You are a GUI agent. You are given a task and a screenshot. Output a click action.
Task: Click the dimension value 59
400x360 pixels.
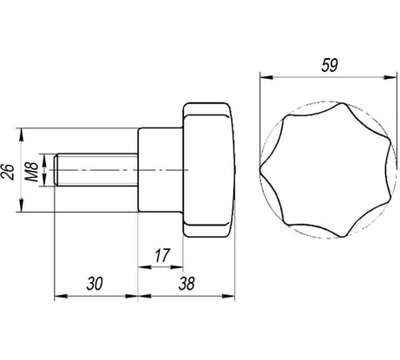tap(330, 65)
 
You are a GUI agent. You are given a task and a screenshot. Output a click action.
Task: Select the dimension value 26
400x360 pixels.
tap(8, 172)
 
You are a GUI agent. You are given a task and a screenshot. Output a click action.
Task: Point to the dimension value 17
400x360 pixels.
tap(161, 256)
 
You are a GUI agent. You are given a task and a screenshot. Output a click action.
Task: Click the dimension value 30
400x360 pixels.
tap(95, 284)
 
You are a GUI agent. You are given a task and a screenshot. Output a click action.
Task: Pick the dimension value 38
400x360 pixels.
tap(187, 284)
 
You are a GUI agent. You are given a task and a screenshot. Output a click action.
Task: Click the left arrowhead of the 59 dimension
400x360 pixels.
tap(266, 77)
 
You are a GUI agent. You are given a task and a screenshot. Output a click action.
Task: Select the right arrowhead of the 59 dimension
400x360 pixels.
tap(390, 77)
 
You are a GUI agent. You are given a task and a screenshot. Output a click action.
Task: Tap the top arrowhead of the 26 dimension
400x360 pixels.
tap(21, 134)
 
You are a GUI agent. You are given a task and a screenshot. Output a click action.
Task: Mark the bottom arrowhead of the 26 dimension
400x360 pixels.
tap(21, 205)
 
